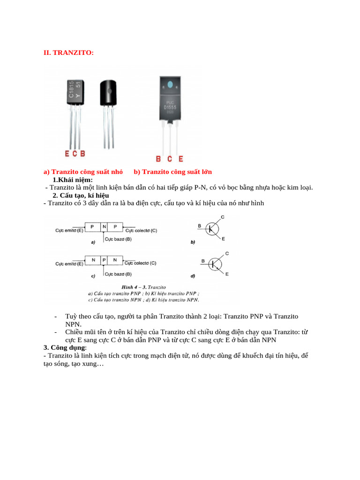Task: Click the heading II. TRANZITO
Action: point(68,53)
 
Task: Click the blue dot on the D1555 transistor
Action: point(170,85)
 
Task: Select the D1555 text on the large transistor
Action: point(170,107)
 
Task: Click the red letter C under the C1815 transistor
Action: point(75,153)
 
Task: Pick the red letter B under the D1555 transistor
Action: point(158,159)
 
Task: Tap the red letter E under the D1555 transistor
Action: point(181,159)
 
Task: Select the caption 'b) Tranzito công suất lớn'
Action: point(172,172)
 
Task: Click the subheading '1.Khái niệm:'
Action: point(73,180)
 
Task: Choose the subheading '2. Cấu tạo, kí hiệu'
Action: point(81,195)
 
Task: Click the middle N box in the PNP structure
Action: point(104,226)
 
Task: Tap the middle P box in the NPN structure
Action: point(104,260)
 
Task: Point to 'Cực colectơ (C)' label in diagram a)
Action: point(141,231)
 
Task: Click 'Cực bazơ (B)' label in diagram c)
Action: point(118,274)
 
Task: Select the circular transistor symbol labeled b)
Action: point(212,228)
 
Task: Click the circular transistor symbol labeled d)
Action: point(216,264)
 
